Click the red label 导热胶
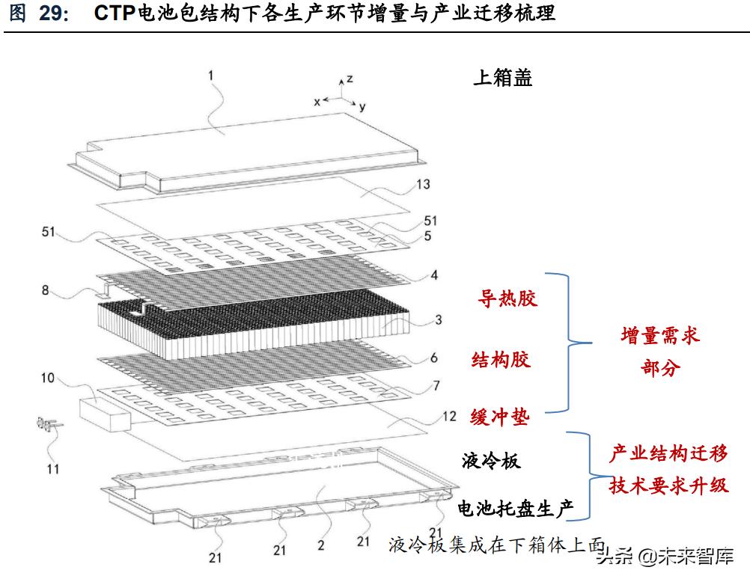coord(507,298)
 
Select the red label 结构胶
coord(501,360)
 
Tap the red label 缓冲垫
coord(500,417)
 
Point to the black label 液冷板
coord(491,461)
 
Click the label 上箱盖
coord(503,78)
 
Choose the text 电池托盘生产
coord(516,508)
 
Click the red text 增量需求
coord(661,336)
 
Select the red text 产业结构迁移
coord(668,453)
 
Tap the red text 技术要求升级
coord(668,485)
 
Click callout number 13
coord(423,184)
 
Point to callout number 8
coord(46,290)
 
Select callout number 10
coord(48,378)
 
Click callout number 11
coord(53,469)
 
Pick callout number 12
coord(449,416)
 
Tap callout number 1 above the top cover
coord(210,76)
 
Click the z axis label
coord(350,79)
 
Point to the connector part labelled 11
coord(48,425)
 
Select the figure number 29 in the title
coord(54,13)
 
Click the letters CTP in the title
coord(115,13)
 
